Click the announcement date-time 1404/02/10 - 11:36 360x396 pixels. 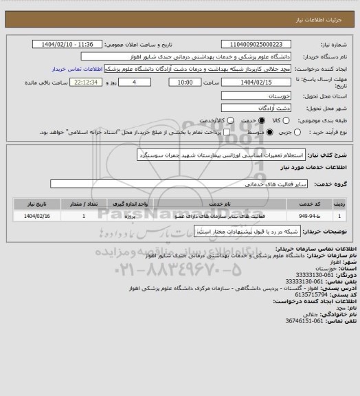tap(67, 45)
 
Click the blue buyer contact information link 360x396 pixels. tap(77, 69)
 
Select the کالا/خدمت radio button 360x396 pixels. tap(217, 120)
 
